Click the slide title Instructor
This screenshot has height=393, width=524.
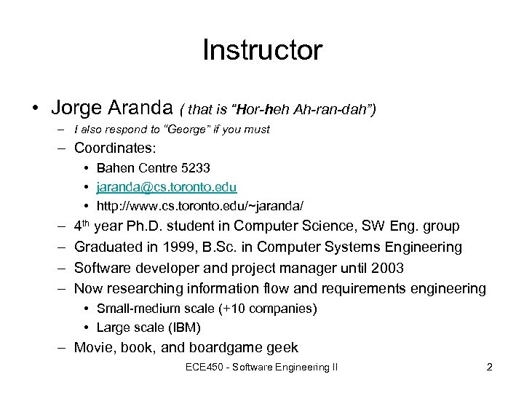coord(262,50)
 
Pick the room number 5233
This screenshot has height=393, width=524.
coord(196,168)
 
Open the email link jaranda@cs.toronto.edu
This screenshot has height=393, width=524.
coord(167,187)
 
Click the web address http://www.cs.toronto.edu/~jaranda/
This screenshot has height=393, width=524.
coord(200,206)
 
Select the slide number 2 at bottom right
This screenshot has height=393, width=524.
coord(490,368)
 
